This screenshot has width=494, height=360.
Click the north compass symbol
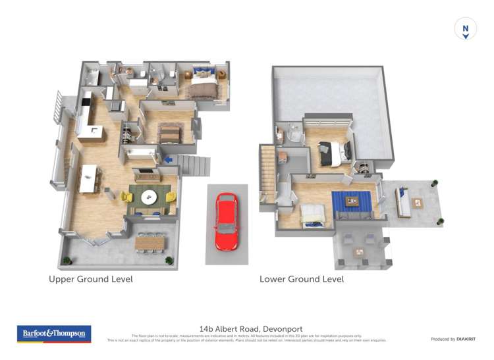tap(465, 29)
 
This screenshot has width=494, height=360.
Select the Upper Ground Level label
tap(91, 279)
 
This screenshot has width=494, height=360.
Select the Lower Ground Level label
tap(302, 279)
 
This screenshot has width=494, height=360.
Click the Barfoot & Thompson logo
tap(54, 334)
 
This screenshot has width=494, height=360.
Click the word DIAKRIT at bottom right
tap(464, 339)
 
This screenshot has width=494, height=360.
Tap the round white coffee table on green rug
tap(150, 195)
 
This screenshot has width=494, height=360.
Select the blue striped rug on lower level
tap(351, 202)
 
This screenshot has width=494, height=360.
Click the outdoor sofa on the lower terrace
tap(402, 200)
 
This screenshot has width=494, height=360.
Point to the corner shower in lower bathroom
tap(291, 135)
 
